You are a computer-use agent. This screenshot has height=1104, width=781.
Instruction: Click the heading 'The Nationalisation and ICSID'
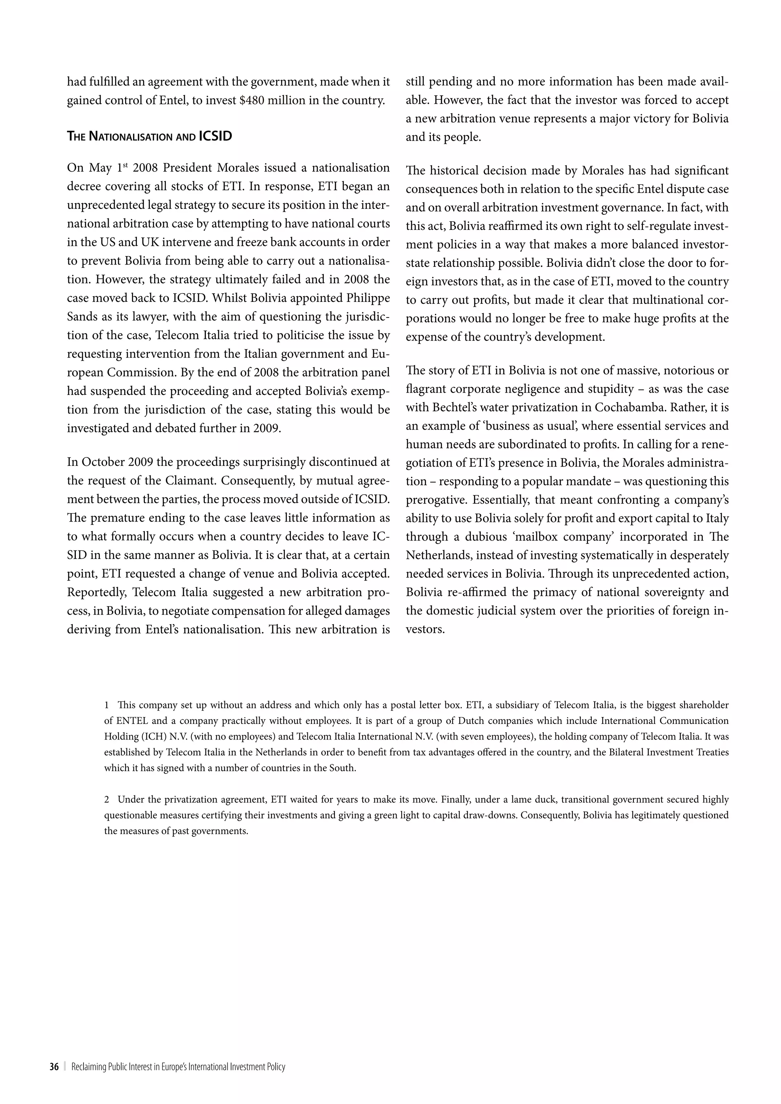(149, 136)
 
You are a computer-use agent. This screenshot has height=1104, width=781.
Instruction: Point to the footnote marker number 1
(106, 705)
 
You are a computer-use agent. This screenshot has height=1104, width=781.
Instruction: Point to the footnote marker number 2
(106, 800)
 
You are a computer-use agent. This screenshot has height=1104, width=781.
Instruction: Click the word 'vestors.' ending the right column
(425, 629)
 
